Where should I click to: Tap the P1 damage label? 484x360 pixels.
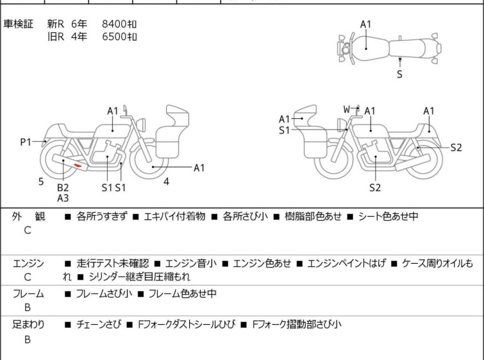coord(25,142)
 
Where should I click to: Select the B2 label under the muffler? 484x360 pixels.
coord(62,187)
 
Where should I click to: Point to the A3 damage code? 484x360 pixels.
coord(62,198)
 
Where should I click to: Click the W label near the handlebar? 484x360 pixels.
coord(346,109)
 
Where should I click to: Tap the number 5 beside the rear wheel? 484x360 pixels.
coord(41,182)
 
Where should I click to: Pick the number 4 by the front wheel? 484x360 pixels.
coord(166,182)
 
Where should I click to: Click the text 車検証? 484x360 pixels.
coord(19,24)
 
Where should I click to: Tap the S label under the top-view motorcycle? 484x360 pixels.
coord(399,74)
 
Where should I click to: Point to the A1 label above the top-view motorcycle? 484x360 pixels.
coord(365,24)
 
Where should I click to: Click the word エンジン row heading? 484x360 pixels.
coord(28,263)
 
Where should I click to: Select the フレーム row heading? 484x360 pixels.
coord(28,294)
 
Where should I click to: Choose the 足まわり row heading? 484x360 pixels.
coord(28,325)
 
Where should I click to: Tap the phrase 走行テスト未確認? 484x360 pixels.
coord(112,263)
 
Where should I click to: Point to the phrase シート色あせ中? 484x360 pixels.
coord(388,217)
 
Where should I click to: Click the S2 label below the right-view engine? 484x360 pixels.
coord(375,187)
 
